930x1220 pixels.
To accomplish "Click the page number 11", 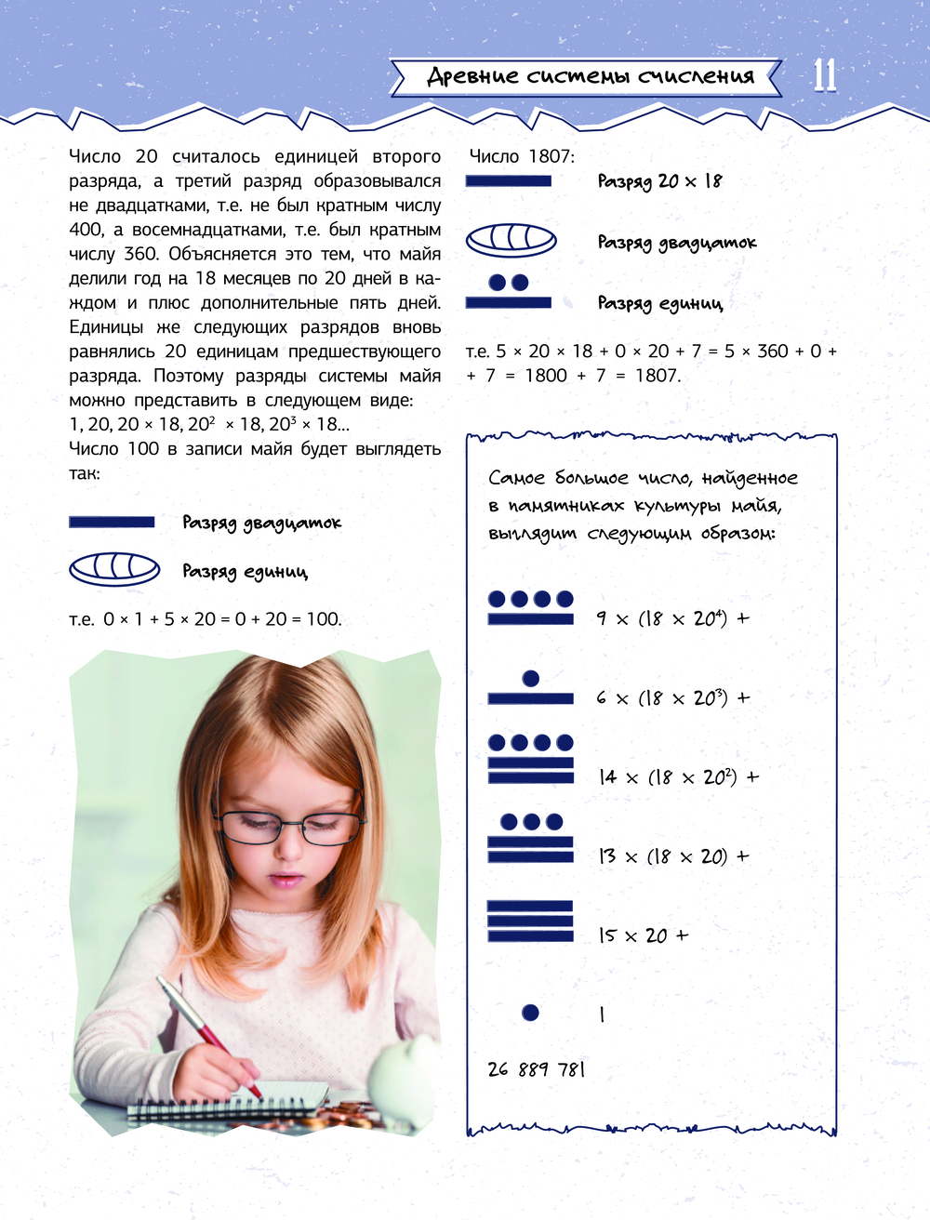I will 825,75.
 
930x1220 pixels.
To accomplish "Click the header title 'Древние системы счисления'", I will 590,76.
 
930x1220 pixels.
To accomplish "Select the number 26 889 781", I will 537,1069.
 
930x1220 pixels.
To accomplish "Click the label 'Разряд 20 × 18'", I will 659,181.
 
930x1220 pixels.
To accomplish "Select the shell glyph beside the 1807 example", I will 511,240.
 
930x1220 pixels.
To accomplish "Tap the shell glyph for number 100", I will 114,568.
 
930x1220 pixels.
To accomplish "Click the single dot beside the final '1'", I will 530,1013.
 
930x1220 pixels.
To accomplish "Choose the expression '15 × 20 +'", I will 644,935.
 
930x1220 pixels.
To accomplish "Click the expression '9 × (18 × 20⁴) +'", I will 672,618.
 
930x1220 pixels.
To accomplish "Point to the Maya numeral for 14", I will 531,758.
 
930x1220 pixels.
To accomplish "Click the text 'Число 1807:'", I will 522,157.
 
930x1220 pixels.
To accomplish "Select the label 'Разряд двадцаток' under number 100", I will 261,523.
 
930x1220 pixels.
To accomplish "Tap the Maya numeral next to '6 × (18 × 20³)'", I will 530,689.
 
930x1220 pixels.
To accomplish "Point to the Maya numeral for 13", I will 530,837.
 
